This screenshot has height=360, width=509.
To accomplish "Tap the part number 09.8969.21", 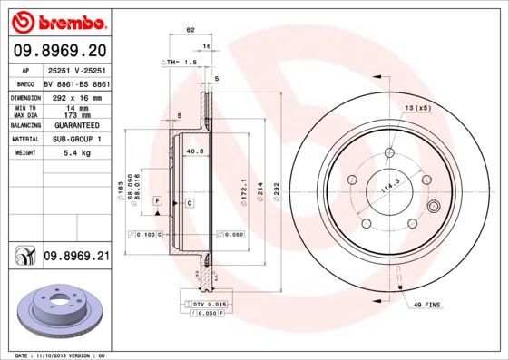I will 76,257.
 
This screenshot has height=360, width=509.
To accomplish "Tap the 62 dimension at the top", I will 191,31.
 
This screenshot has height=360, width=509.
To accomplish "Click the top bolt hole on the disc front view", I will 390,153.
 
